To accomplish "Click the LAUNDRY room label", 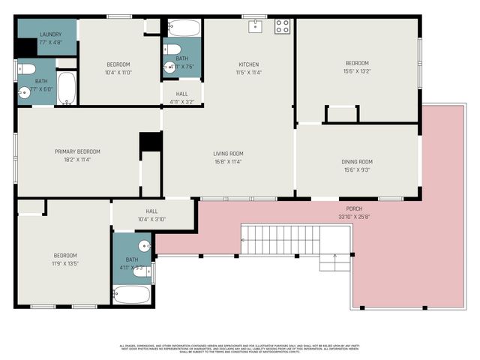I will click(50, 34).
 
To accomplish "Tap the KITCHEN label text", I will click(249, 64).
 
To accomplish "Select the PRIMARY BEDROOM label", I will click(77, 151).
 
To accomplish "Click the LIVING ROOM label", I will click(228, 154).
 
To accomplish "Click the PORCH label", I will click(354, 208).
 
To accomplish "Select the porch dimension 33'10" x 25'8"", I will click(354, 217).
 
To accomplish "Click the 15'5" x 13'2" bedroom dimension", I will click(357, 72).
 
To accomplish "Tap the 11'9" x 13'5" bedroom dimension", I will click(64, 264).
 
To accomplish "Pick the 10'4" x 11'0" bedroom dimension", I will click(118, 73).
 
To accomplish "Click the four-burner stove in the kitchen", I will click(282, 27).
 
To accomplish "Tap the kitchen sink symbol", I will click(255, 26).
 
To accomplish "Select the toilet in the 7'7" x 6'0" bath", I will click(25, 69).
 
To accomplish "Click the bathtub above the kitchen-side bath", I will click(184, 28).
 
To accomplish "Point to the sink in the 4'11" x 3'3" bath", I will click(145, 246).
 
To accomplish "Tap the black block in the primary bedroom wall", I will click(150, 142).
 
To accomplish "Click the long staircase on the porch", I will click(281, 240).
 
